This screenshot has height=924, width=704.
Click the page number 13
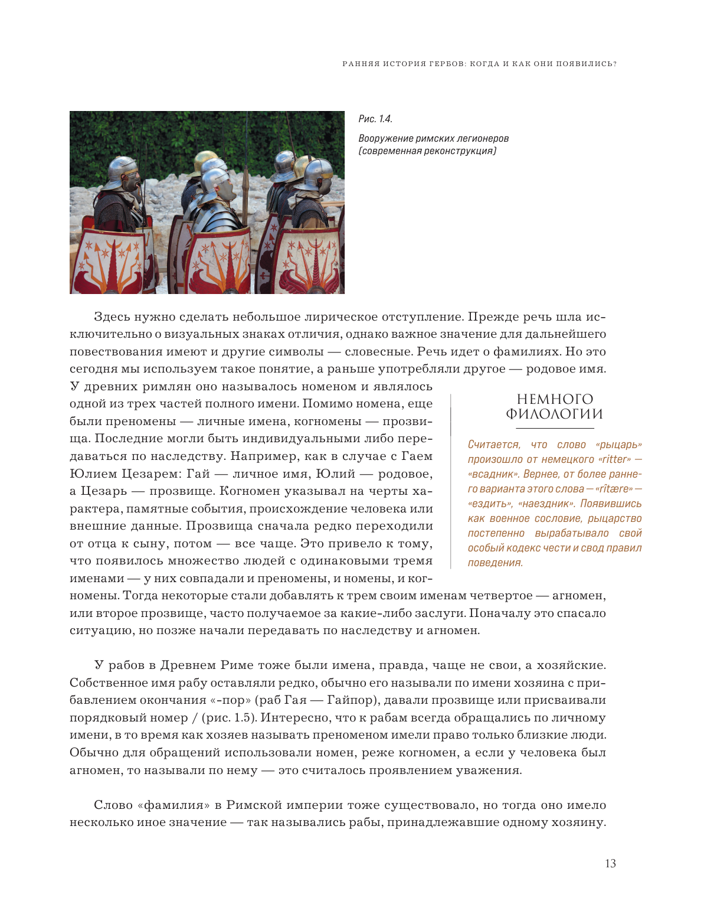click(x=610, y=863)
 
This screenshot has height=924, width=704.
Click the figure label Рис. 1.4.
click(x=375, y=119)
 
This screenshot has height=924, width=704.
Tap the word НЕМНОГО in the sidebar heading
click(x=555, y=399)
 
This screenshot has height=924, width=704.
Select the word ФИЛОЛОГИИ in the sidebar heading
click(x=555, y=414)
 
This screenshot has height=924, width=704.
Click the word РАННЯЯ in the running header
click(x=361, y=64)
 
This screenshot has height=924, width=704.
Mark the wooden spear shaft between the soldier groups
click(x=243, y=195)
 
